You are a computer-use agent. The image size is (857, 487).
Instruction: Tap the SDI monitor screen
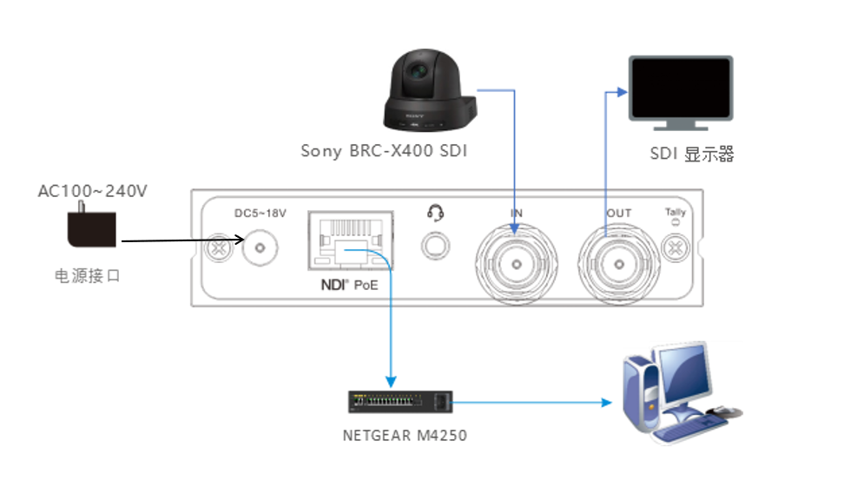pyautogui.click(x=681, y=89)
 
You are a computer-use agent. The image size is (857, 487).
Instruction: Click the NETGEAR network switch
pyautogui.click(x=400, y=402)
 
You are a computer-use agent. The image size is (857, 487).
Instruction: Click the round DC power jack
pyautogui.click(x=259, y=249)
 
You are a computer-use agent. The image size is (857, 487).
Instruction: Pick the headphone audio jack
pyautogui.click(x=434, y=247)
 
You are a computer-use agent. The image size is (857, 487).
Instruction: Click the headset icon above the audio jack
pyautogui.click(x=435, y=212)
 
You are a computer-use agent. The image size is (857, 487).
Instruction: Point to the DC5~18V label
pyautogui.click(x=260, y=213)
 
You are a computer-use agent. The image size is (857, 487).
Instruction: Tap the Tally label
pyautogui.click(x=675, y=212)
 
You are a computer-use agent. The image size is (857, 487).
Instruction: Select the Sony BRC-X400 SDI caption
pyautogui.click(x=384, y=151)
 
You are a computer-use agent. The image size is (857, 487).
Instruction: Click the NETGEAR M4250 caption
pyautogui.click(x=405, y=436)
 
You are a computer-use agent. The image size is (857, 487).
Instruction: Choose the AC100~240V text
pyautogui.click(x=92, y=190)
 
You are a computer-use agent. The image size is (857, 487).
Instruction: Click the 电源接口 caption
pyautogui.click(x=87, y=276)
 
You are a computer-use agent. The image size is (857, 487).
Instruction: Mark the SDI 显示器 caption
pyautogui.click(x=692, y=155)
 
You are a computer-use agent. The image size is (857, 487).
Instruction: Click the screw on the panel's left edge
pyautogui.click(x=218, y=250)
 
